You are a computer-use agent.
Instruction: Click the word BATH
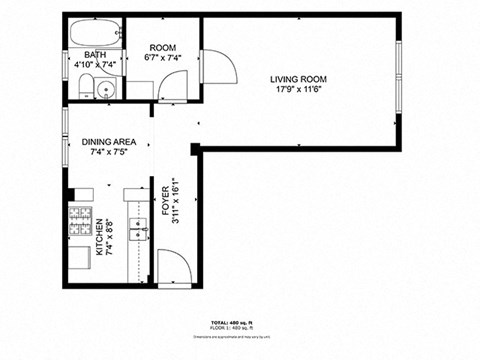(95, 55)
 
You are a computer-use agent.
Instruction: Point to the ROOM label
(162, 47)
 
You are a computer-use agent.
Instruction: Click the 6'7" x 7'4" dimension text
(162, 57)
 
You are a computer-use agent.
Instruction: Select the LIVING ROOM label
(297, 79)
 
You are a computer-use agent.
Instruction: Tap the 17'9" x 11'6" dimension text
(297, 89)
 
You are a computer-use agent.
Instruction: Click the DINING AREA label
(109, 142)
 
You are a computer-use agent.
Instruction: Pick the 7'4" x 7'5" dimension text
(109, 153)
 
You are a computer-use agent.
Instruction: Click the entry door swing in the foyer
(174, 267)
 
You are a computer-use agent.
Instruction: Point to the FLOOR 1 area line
(240, 329)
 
